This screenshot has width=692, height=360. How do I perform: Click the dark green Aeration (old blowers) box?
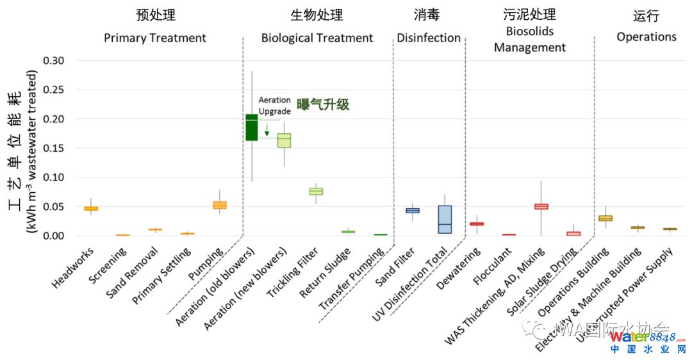click(x=252, y=127)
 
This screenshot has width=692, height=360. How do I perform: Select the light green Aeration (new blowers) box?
click(x=284, y=140)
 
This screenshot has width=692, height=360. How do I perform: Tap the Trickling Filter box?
click(x=316, y=191)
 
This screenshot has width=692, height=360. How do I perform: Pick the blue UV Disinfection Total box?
click(x=445, y=219)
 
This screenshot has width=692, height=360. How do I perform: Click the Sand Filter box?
click(x=413, y=210)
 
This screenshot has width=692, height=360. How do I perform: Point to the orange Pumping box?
click(x=220, y=205)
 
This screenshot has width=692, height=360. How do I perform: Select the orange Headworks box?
click(x=91, y=208)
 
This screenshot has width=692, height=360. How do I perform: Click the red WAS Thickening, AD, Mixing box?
click(x=541, y=206)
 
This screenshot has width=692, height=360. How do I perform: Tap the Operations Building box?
click(x=605, y=218)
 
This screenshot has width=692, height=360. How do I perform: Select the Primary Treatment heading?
click(x=155, y=38)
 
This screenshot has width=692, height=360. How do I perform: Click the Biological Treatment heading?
click(x=317, y=38)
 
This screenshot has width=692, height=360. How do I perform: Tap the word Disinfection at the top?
click(x=429, y=38)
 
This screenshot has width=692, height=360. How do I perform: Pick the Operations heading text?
click(x=646, y=37)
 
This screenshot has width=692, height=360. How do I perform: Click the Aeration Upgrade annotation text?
click(x=274, y=106)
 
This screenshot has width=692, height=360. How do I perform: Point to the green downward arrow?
click(x=267, y=129)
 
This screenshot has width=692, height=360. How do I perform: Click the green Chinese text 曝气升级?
click(x=323, y=104)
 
